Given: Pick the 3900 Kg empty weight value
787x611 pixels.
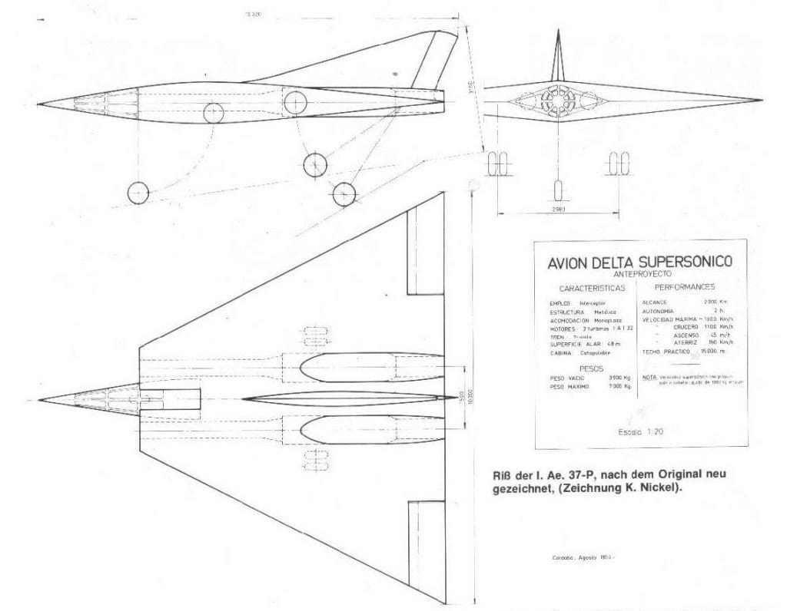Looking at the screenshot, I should pyautogui.click(x=618, y=378).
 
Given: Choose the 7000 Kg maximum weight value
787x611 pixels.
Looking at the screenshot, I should pyautogui.click(x=619, y=388).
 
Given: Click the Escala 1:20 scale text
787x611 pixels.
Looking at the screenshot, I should pyautogui.click(x=640, y=431).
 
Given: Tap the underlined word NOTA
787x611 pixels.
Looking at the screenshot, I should pyautogui.click(x=649, y=378).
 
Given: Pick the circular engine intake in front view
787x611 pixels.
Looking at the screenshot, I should pyautogui.click(x=559, y=102).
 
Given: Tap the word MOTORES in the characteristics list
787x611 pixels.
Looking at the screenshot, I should pyautogui.click(x=564, y=328).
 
